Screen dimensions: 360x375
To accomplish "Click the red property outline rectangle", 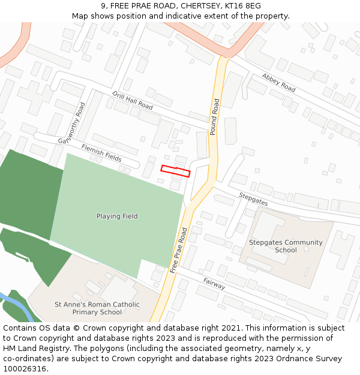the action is point(175,171).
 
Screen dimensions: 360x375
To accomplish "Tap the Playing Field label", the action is point(117,216).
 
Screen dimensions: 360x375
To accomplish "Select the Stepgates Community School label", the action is point(286,246).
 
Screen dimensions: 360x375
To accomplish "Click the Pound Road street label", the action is point(214,117).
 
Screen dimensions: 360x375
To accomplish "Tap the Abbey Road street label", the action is point(278,82).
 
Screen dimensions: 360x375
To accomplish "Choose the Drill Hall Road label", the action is point(133,100).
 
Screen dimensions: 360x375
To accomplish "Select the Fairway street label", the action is point(214,281).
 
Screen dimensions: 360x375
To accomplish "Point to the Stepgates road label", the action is point(253,199).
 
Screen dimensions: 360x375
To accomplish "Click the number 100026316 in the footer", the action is point(25,368).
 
